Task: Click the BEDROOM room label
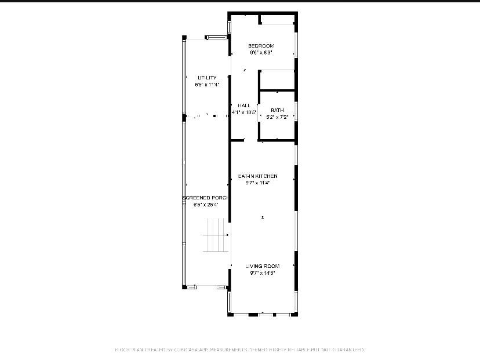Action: (x=261, y=46)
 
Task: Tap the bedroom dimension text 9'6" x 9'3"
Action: (x=261, y=52)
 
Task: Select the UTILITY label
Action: (x=207, y=78)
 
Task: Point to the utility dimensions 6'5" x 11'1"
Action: (x=207, y=85)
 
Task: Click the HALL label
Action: (x=244, y=106)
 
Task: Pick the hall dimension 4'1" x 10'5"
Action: (x=244, y=112)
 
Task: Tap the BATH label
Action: (x=277, y=110)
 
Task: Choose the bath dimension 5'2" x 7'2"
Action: (x=277, y=117)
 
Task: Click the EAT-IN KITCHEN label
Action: (x=258, y=176)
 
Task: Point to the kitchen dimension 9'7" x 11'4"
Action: (x=258, y=183)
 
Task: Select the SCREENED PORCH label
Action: (x=206, y=198)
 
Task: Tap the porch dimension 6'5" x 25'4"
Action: (x=206, y=204)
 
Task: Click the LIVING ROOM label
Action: (x=263, y=266)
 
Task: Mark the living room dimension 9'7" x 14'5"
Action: (x=263, y=272)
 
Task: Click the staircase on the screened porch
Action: (x=216, y=235)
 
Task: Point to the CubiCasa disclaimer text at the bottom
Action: (x=240, y=350)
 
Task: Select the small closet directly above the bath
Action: (x=277, y=80)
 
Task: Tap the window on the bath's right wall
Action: (x=296, y=111)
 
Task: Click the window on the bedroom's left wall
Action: (x=230, y=27)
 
